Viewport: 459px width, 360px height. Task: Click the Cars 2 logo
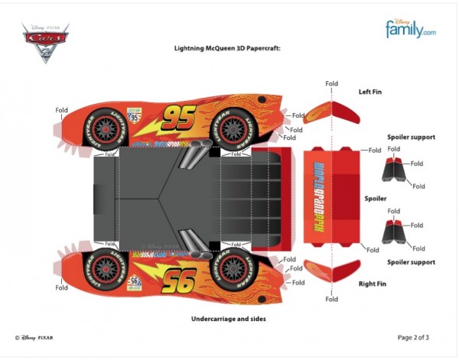(x=44, y=42)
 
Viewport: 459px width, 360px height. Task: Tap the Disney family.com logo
(x=410, y=29)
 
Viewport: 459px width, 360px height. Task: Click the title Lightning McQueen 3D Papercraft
(x=228, y=47)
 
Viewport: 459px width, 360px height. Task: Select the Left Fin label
(x=372, y=92)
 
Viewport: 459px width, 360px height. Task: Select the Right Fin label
(x=372, y=283)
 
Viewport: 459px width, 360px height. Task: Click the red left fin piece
(x=334, y=112)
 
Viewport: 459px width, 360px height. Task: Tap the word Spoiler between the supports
(x=376, y=198)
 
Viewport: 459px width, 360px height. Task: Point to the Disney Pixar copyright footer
(x=34, y=336)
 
